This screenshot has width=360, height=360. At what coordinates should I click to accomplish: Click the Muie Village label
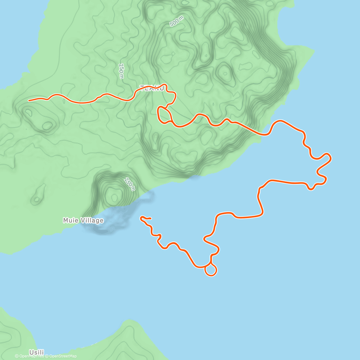click(83, 220)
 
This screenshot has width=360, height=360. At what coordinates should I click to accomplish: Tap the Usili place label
click(37, 352)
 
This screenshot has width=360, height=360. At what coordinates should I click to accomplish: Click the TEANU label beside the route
click(152, 88)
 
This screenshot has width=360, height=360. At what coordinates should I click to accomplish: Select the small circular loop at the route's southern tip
click(211, 270)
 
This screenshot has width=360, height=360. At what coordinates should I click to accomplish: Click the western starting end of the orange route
click(29, 101)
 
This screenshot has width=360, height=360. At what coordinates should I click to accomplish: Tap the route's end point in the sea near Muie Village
click(150, 218)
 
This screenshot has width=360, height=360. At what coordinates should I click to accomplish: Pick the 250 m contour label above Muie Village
click(130, 184)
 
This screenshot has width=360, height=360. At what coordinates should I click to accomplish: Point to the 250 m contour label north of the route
click(121, 71)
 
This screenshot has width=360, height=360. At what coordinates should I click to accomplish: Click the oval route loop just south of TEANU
click(164, 115)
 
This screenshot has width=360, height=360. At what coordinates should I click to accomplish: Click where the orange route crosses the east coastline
click(264, 135)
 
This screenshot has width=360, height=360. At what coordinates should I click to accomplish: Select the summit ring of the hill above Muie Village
click(114, 196)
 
